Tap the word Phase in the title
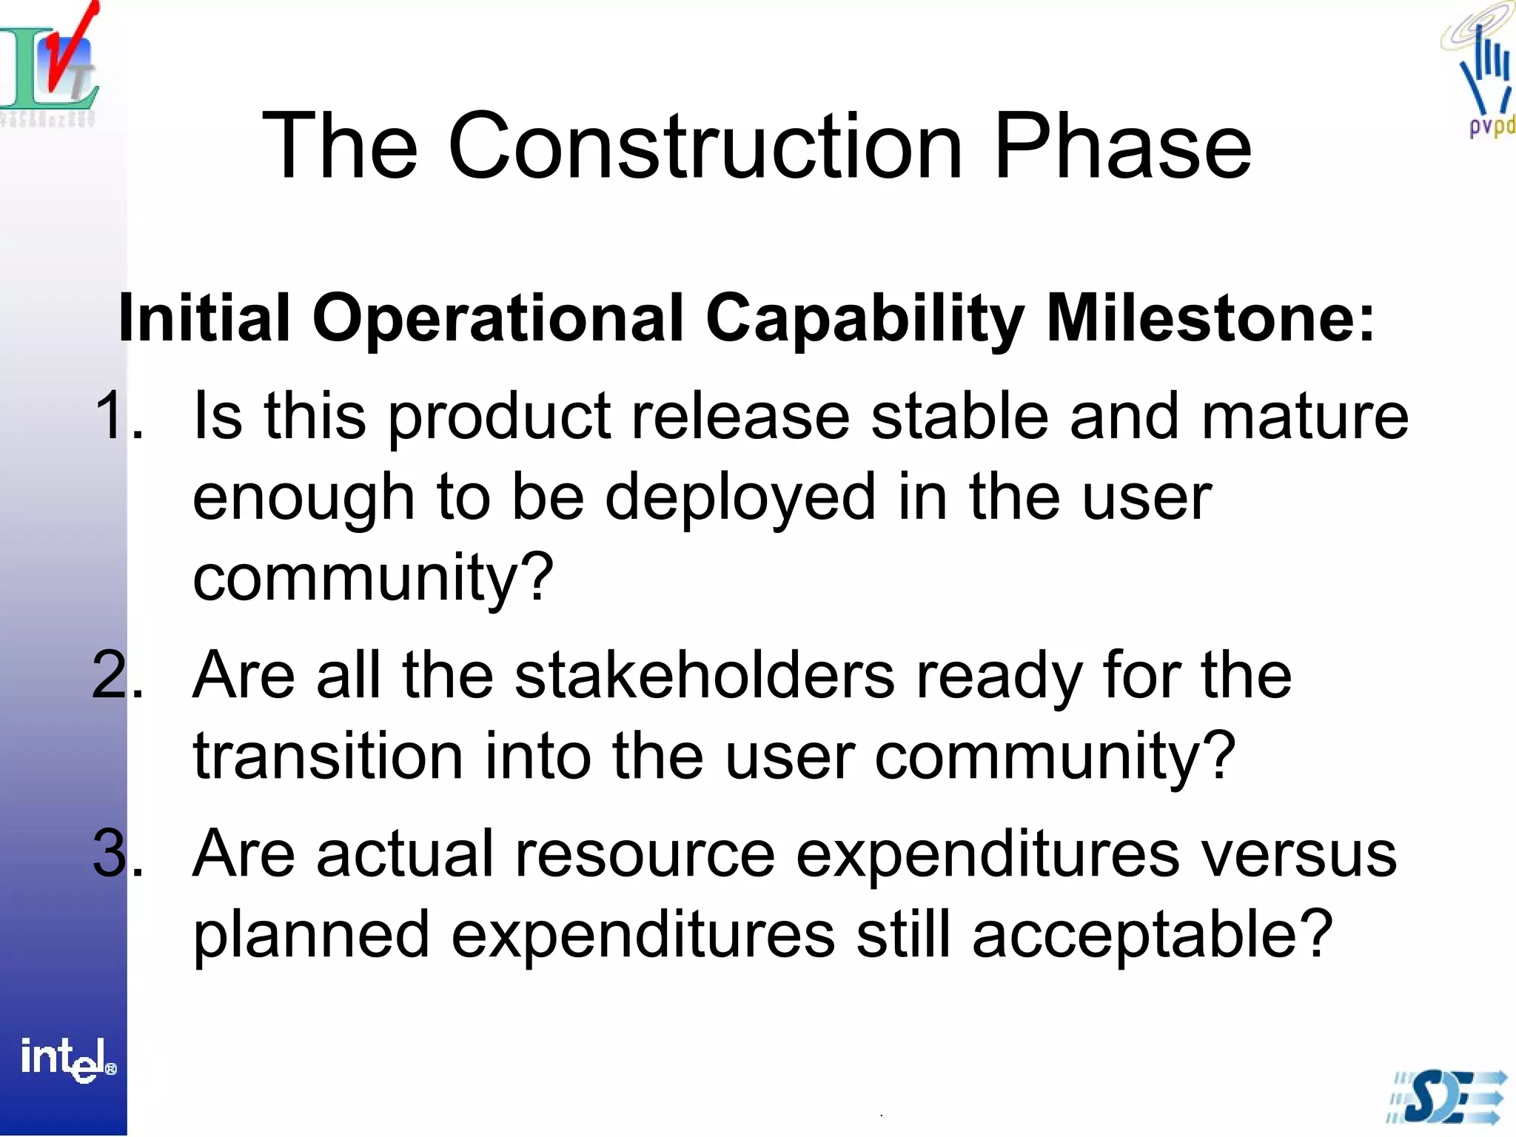[x=1122, y=146]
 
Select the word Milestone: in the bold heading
[x=1210, y=318]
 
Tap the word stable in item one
[x=959, y=416]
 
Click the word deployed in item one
[x=740, y=497]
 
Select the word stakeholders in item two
[x=704, y=675]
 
